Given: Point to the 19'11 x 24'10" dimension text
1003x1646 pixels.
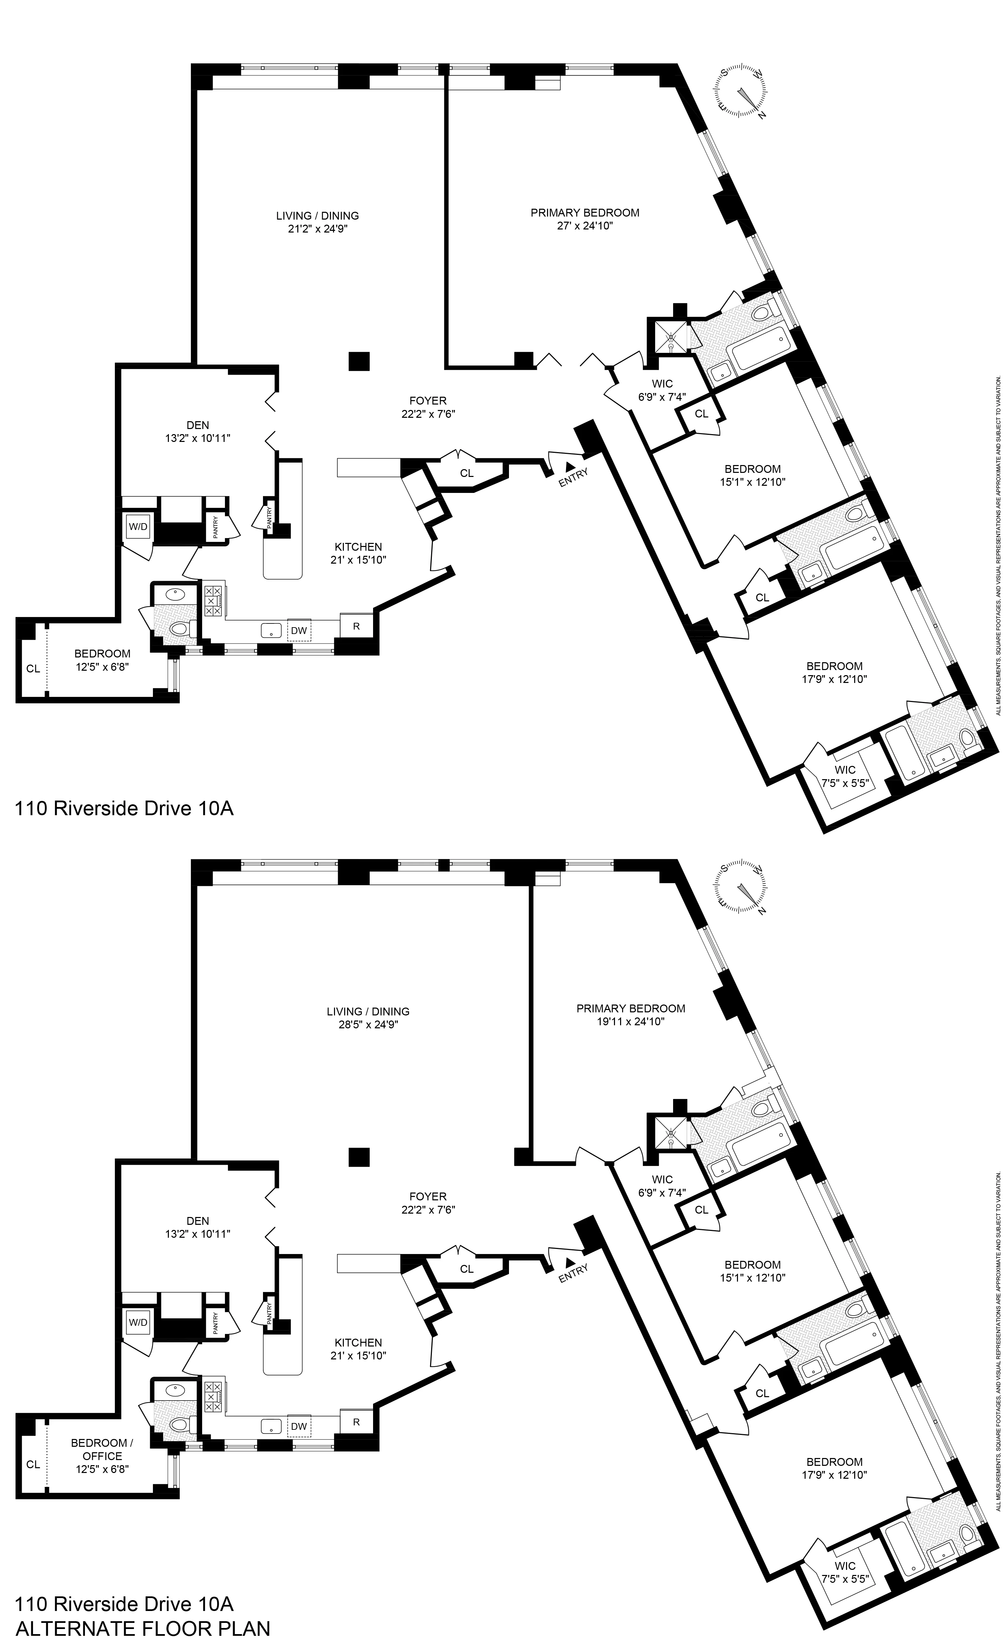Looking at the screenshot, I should (x=630, y=1022).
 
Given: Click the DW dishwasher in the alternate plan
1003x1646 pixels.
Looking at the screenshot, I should (x=299, y=1426).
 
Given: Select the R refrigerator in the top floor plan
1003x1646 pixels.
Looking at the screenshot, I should (x=356, y=626).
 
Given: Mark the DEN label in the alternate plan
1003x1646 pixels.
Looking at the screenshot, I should (x=198, y=1220).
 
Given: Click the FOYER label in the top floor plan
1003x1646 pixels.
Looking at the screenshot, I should (x=427, y=401).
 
